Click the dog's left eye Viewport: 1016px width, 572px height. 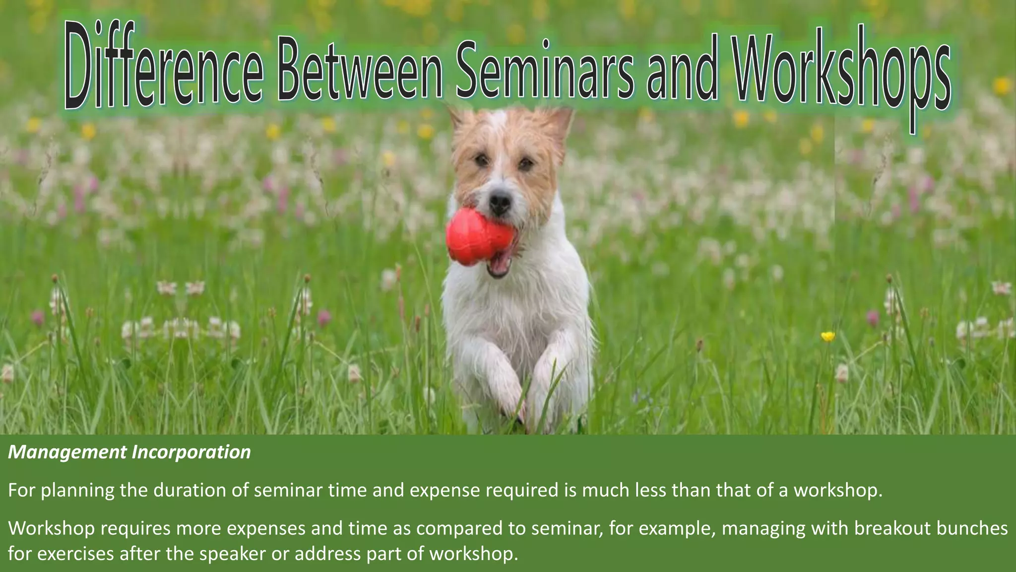481,160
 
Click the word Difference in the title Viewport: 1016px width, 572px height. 164,70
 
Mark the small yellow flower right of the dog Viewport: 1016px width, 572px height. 827,336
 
